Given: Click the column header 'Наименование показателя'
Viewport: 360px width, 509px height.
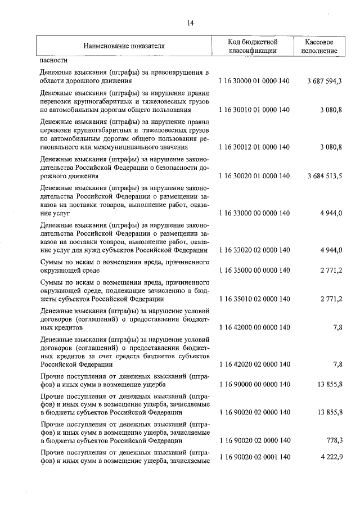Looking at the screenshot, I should [124, 46].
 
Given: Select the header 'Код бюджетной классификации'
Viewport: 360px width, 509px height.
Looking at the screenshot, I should [253, 46].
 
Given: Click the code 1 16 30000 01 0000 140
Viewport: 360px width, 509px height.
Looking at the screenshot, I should [254, 82].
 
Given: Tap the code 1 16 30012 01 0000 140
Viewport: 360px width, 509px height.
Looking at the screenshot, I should [254, 147].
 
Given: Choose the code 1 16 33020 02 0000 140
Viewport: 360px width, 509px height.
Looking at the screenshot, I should [254, 250].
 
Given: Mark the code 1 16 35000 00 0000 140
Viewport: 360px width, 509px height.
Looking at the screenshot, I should [254, 271].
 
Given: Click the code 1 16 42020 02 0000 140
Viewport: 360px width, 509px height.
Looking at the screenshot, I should [254, 364].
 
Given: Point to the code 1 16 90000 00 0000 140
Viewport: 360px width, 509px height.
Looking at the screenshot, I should [254, 384].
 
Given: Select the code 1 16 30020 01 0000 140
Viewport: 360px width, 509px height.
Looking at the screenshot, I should [254, 176].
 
